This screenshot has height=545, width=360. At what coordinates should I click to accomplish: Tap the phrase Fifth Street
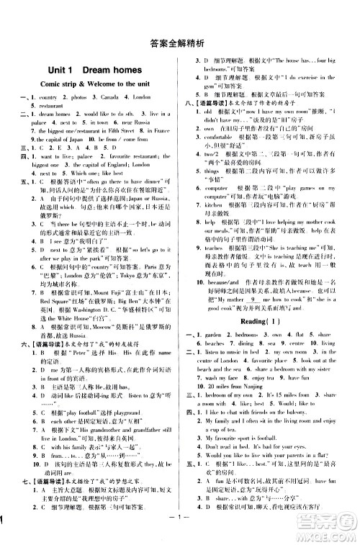click(x=128, y=130)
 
